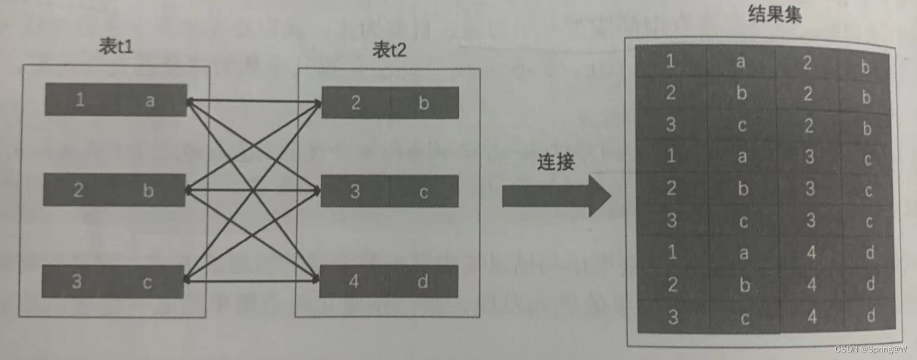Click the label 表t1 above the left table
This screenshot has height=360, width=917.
coord(116,47)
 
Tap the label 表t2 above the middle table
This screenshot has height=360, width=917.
coord(390,51)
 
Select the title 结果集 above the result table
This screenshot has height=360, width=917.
coord(774,15)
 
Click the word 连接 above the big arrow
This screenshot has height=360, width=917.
coord(555,162)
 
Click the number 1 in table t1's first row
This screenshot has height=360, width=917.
coord(80,100)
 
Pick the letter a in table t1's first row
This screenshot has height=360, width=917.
coord(150,100)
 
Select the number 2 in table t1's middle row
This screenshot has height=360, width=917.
coord(78,190)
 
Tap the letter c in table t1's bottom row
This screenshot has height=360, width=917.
coord(147,282)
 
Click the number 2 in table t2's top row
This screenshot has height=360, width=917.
coord(355,102)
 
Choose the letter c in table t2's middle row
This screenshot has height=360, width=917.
coord(424,191)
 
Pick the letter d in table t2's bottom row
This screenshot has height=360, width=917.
coord(423,282)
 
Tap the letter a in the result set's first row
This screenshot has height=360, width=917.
coord(740,62)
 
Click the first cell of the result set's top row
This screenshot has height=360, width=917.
coord(671,61)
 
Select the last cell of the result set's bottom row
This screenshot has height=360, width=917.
coord(871,315)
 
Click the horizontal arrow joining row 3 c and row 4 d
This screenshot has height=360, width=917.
coord(251,280)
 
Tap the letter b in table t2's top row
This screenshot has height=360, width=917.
coord(424,103)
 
